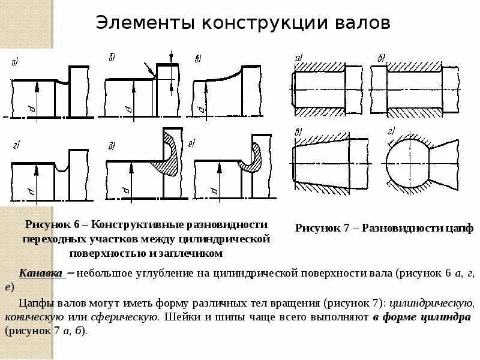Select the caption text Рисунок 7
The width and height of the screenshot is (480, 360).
322,228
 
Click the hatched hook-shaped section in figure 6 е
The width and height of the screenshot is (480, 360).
253,156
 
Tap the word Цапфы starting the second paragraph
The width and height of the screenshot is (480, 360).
35,302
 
